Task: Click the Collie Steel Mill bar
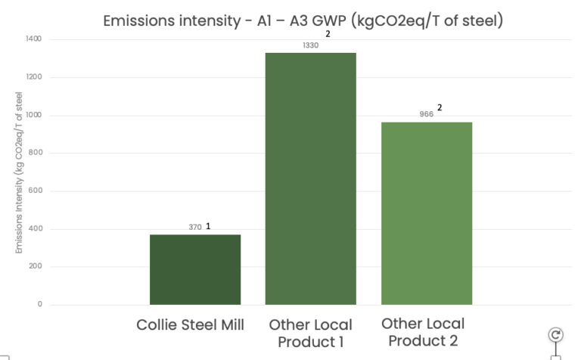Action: [195, 269]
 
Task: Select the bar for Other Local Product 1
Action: [310, 178]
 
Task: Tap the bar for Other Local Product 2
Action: [427, 213]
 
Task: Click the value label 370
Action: [195, 227]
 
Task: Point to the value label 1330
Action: [310, 45]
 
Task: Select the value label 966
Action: [427, 114]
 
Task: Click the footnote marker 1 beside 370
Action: [208, 226]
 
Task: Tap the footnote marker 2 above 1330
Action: [328, 34]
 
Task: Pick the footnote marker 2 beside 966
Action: [440, 107]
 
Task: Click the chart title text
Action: [303, 21]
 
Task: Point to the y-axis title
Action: [19, 172]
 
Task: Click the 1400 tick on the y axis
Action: [34, 39]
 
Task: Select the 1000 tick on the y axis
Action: [34, 115]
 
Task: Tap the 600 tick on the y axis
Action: [36, 191]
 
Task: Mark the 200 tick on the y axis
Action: [36, 267]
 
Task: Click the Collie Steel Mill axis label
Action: [191, 325]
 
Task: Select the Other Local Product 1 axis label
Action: [310, 333]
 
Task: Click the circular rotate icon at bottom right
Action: [555, 335]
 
